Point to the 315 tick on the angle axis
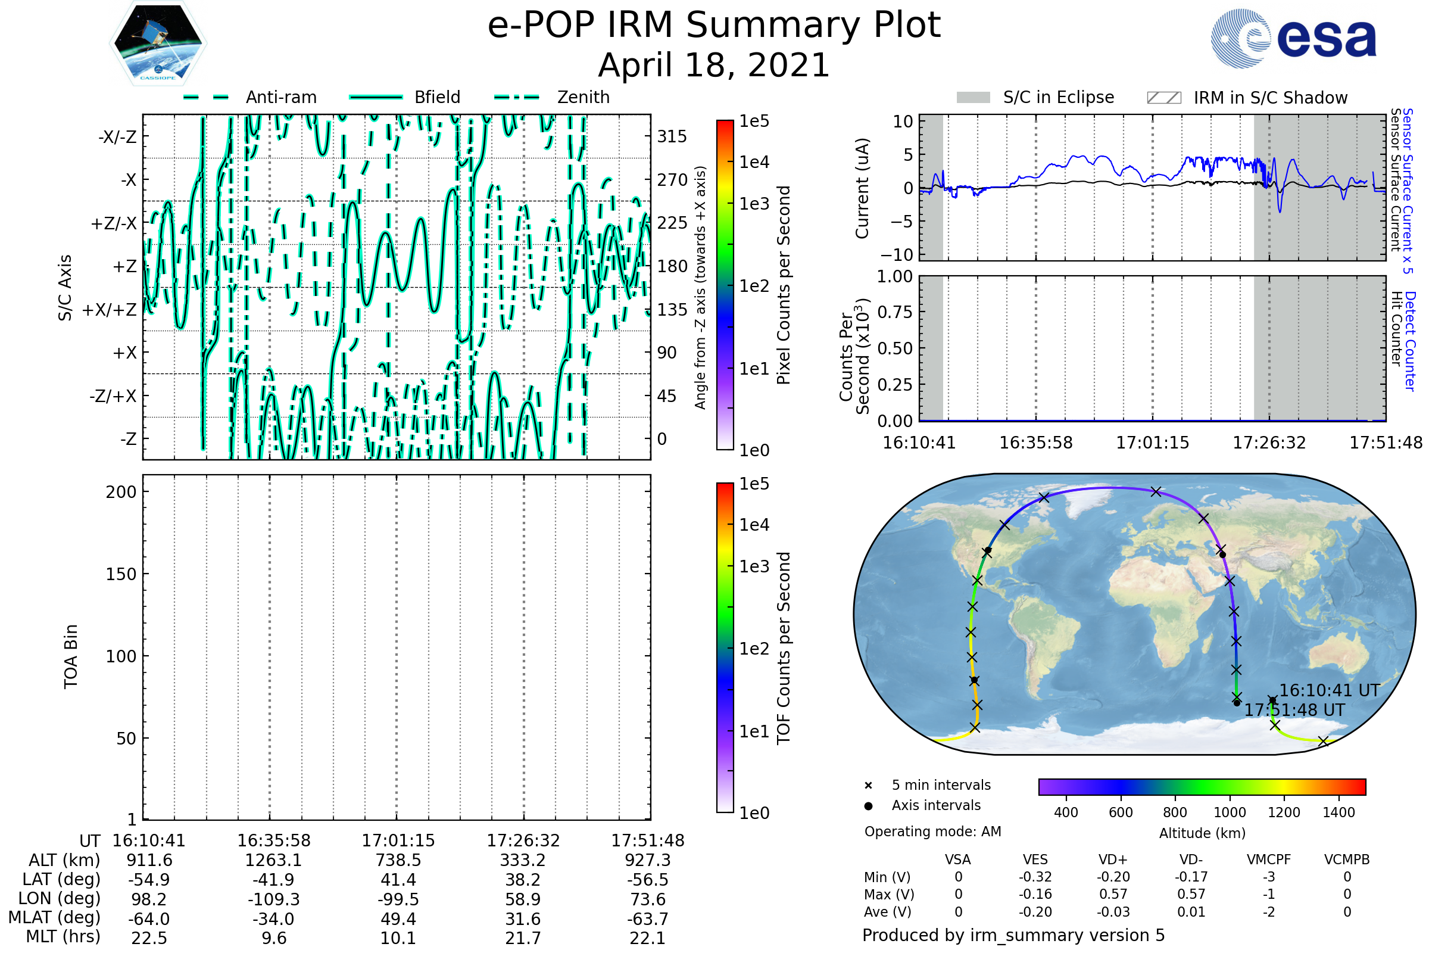[672, 136]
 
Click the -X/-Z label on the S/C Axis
[117, 137]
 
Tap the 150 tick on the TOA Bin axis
[121, 574]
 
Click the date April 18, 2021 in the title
[714, 65]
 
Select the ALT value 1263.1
[273, 860]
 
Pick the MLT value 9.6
[273, 938]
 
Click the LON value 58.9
[523, 899]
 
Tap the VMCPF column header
[1269, 859]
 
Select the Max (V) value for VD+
[1113, 894]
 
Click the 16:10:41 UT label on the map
[1330, 690]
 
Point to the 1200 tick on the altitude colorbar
[1284, 812]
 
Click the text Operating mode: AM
[932, 831]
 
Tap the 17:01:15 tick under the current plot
[1153, 443]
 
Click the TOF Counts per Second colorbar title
[784, 648]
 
